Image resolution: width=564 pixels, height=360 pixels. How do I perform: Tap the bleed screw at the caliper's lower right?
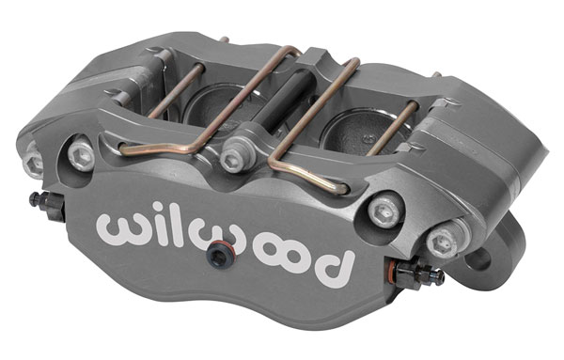419,274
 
